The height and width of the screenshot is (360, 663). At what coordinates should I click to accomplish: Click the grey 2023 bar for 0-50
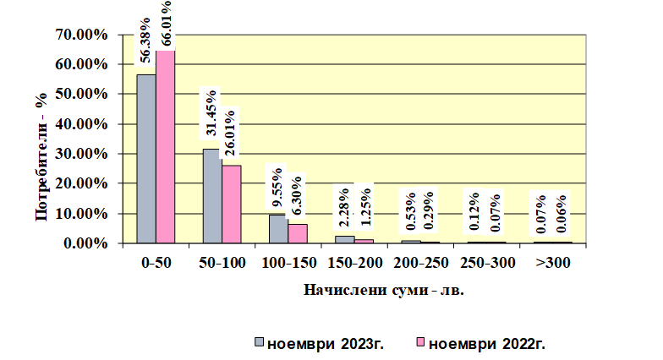click(x=146, y=159)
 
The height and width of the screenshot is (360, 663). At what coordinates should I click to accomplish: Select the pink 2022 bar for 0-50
click(x=166, y=147)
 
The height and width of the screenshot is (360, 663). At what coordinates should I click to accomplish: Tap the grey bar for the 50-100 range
click(x=212, y=196)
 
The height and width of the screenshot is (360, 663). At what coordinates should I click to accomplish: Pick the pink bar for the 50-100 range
click(x=232, y=205)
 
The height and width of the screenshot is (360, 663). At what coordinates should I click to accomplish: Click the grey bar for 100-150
click(x=279, y=229)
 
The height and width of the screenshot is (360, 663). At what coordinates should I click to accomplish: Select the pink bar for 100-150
click(x=298, y=233)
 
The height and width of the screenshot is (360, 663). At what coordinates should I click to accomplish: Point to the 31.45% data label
click(x=211, y=113)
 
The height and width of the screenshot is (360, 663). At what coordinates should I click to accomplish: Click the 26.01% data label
click(x=230, y=134)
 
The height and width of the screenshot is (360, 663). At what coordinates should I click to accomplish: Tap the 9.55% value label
click(x=277, y=188)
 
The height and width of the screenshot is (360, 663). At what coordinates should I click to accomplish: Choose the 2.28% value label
click(x=343, y=208)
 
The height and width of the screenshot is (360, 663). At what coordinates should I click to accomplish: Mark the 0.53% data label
click(x=410, y=211)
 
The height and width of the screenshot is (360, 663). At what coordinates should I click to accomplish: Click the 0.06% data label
click(x=562, y=213)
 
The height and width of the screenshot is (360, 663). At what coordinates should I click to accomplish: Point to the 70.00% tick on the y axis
click(x=81, y=35)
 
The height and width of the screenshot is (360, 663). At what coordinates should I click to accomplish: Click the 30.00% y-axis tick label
click(x=81, y=154)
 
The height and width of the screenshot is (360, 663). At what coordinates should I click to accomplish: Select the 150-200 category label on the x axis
click(x=355, y=263)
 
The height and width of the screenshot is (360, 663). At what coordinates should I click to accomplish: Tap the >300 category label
click(x=553, y=263)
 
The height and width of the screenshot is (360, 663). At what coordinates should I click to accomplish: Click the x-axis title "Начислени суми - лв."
click(x=384, y=291)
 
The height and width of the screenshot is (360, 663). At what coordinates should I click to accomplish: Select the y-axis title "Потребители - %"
click(x=41, y=155)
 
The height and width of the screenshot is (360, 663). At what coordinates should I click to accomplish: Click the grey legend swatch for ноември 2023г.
click(x=259, y=342)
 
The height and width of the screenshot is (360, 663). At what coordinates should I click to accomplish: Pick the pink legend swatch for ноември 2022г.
click(x=420, y=342)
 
